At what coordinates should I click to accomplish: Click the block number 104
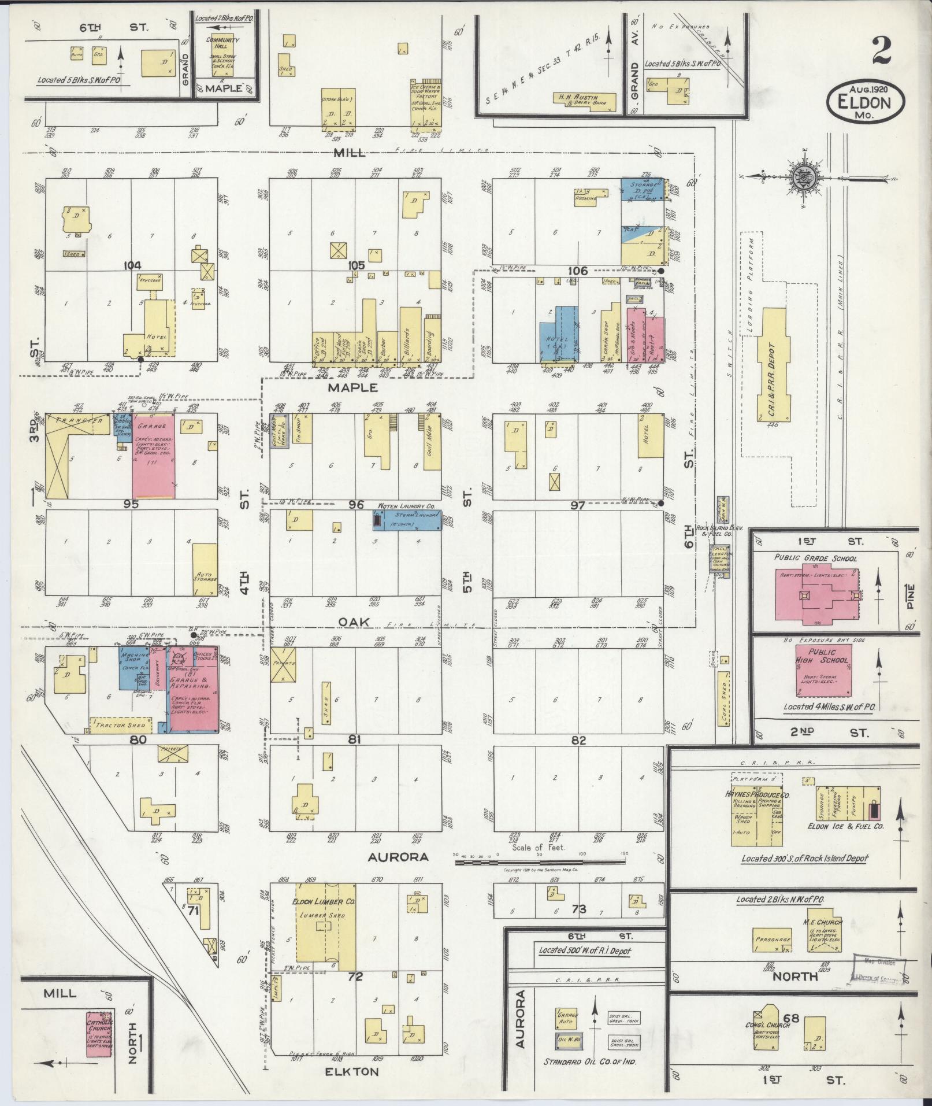coord(132,265)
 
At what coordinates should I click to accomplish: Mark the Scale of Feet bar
coord(540,861)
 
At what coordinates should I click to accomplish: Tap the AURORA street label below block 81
coord(399,857)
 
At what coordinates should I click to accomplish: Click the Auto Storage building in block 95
coord(205,569)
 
